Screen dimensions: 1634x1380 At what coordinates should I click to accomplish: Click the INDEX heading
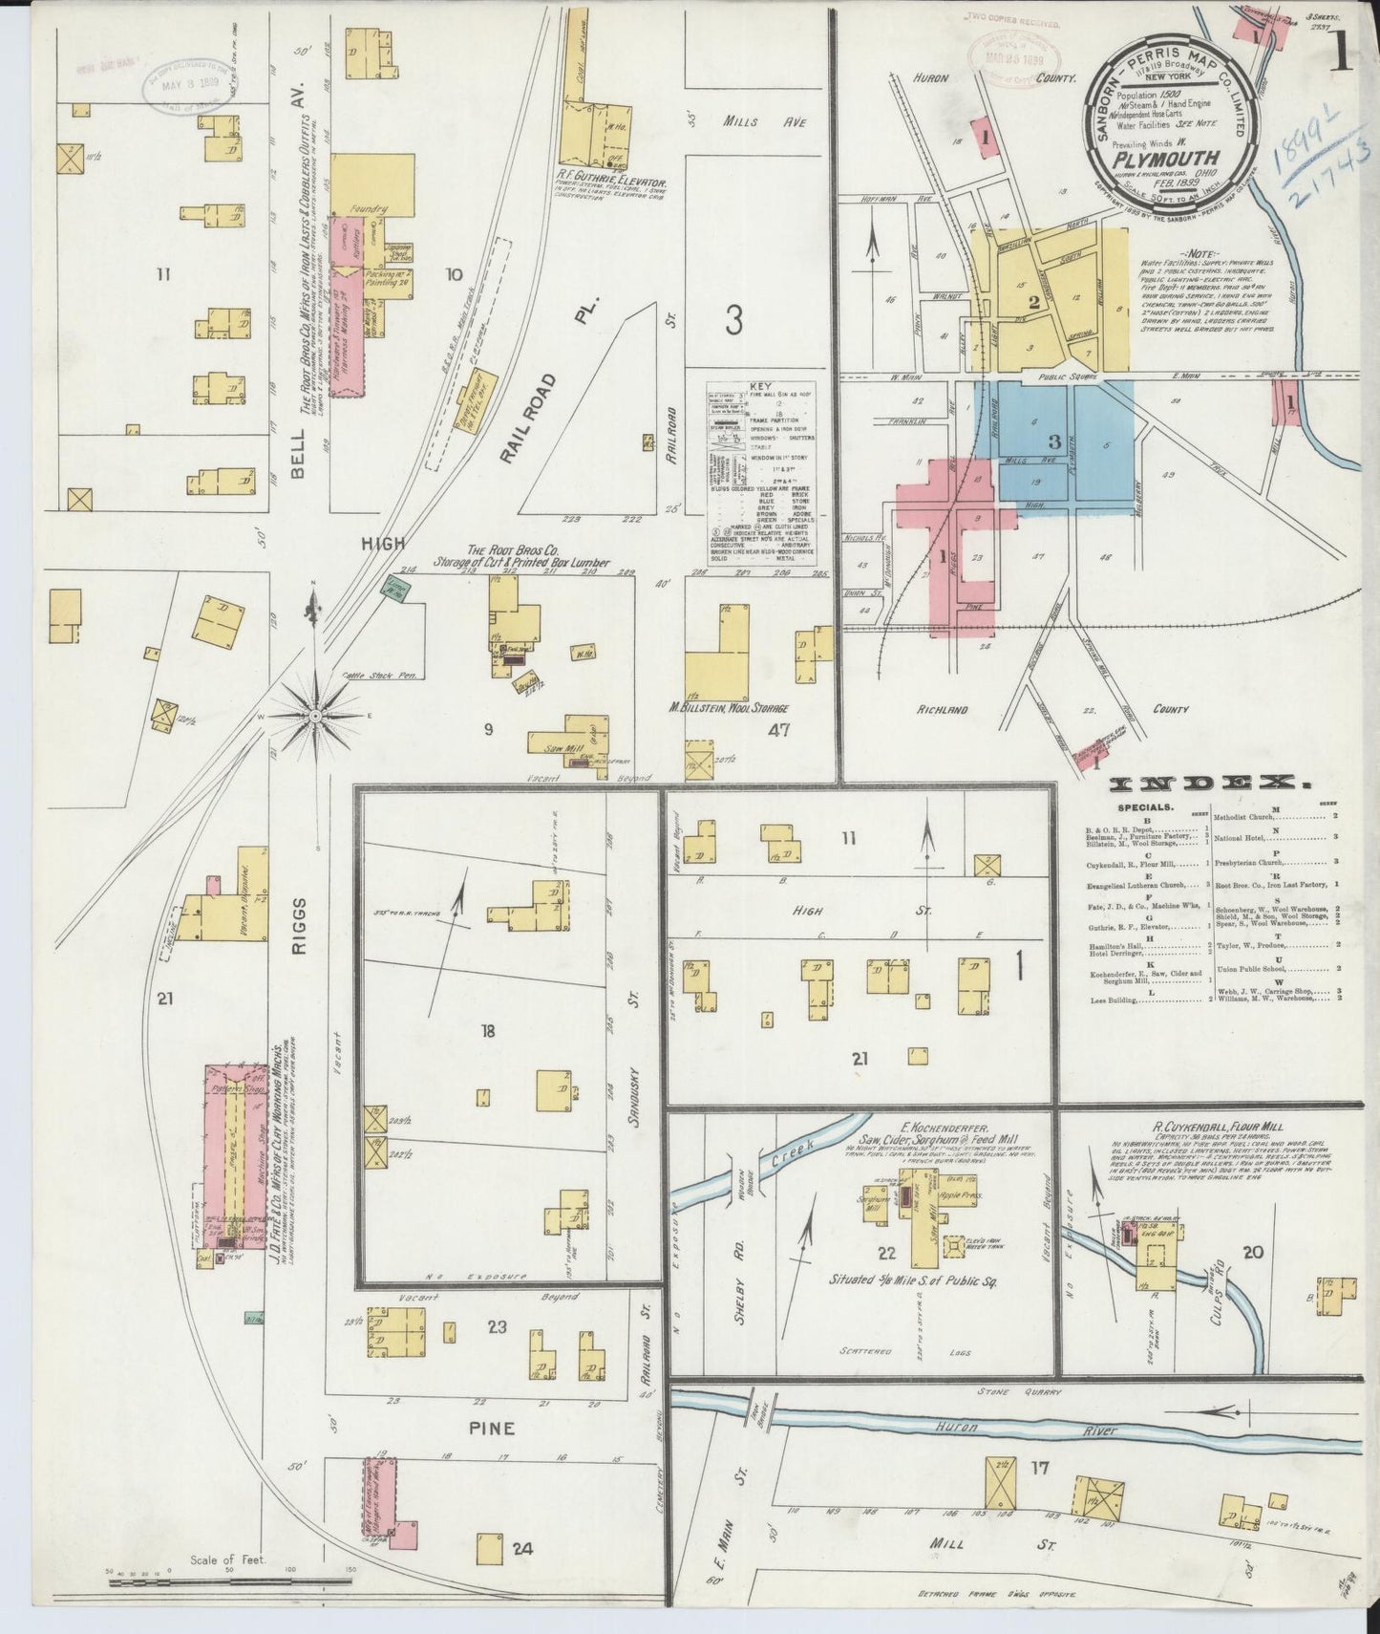1210,785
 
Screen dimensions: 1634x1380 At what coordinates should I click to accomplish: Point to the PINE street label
491,1429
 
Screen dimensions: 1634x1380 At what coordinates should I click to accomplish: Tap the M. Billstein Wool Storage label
729,708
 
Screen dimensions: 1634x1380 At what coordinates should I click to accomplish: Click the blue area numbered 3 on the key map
1053,441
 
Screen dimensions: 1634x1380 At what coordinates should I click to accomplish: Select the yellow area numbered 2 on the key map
1033,304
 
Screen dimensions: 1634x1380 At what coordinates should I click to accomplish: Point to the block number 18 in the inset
488,1030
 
